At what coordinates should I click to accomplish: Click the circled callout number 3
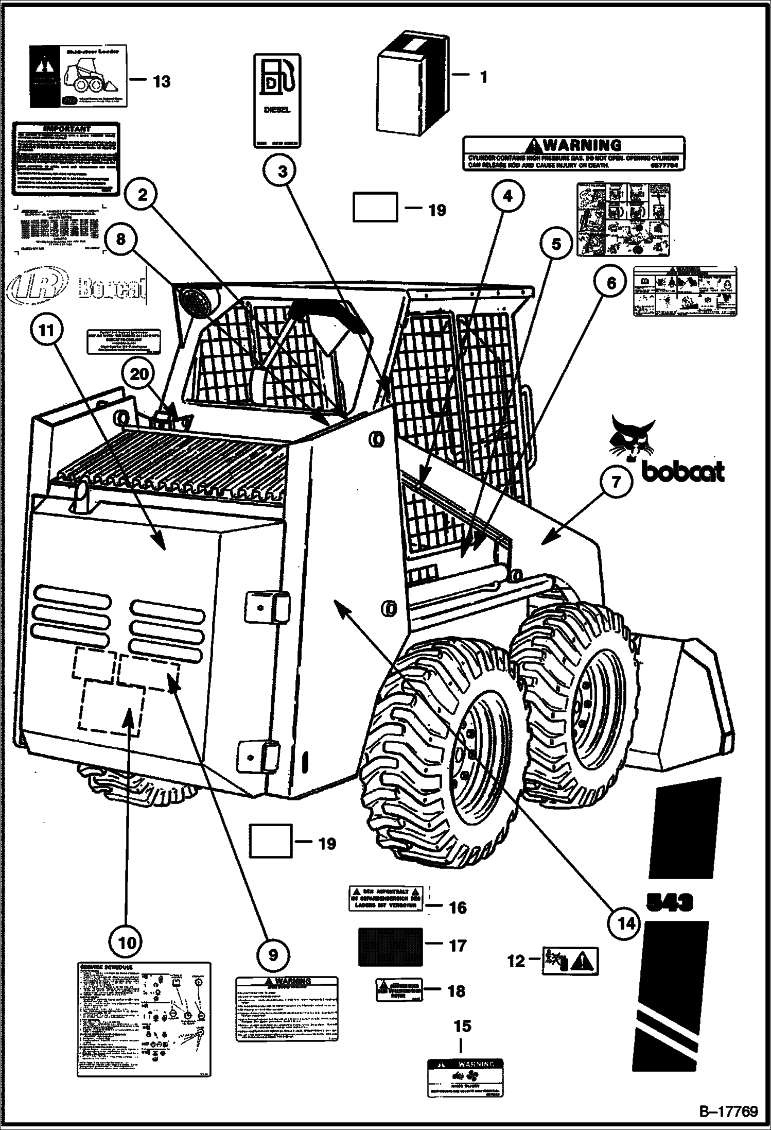pyautogui.click(x=283, y=172)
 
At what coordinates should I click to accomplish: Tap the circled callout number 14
pyautogui.click(x=626, y=924)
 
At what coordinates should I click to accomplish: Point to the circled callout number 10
pyautogui.click(x=127, y=943)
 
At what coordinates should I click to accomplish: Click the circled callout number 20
pyautogui.click(x=139, y=374)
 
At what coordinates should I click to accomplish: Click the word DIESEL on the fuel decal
pyautogui.click(x=277, y=110)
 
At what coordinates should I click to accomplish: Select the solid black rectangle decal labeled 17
pyautogui.click(x=390, y=947)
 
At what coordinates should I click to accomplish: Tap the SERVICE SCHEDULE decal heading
pyautogui.click(x=107, y=967)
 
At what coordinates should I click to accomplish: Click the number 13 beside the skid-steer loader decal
pyautogui.click(x=162, y=81)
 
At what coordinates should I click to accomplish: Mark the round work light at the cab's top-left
pyautogui.click(x=195, y=302)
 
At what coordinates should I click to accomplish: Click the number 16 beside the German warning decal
pyautogui.click(x=457, y=907)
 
